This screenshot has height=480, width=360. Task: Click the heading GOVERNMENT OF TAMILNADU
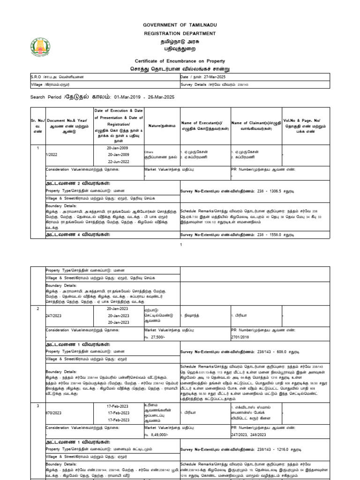[180, 24]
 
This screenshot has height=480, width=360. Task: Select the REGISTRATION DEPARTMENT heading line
[180, 34]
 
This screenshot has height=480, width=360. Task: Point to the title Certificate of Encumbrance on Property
[180, 61]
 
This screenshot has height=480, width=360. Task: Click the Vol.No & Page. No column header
[302, 126]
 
